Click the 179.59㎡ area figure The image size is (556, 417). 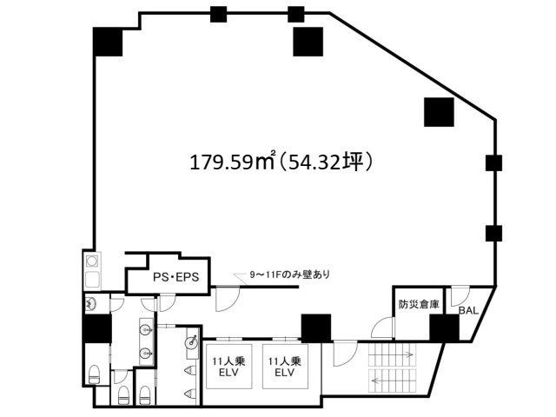point(233,162)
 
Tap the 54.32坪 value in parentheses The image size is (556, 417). point(327,162)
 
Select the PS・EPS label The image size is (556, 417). point(176,277)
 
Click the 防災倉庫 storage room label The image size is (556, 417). point(419,304)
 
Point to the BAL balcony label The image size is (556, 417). point(468,311)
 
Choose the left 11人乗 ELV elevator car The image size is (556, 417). point(229,367)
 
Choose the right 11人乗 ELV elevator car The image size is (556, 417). point(285,367)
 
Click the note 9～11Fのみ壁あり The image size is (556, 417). point(289,275)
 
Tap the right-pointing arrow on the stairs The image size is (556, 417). point(392,354)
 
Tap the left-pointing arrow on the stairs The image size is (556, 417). point(393,381)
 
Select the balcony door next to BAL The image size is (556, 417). point(460,297)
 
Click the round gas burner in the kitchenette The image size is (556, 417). point(92,261)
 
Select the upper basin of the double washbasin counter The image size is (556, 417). point(145,330)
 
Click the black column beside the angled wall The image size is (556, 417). point(439,112)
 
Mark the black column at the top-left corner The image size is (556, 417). point(108,42)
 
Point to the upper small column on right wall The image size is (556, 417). point(494,163)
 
